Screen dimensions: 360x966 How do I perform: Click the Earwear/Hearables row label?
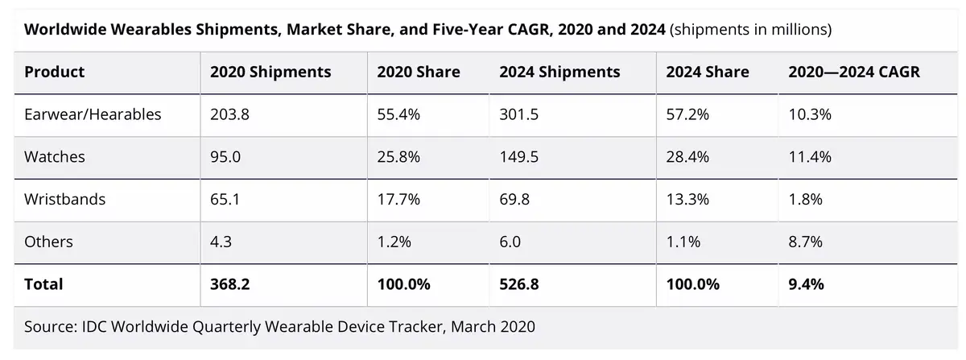click(x=93, y=114)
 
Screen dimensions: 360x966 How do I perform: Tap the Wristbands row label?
click(x=64, y=199)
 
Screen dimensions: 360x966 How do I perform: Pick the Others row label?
click(x=48, y=242)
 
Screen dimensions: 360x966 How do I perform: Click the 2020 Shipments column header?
click(x=270, y=72)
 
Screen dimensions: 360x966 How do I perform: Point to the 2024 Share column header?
click(x=707, y=72)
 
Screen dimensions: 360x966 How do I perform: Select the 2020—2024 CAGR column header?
click(x=853, y=72)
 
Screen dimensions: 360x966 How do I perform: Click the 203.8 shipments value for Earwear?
click(x=230, y=114)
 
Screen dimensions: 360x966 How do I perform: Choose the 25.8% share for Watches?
click(x=398, y=157)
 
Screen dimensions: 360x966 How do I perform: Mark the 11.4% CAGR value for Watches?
click(x=809, y=157)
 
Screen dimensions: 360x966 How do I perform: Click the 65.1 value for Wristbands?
click(x=225, y=199)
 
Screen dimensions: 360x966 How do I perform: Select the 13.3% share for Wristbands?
click(x=687, y=199)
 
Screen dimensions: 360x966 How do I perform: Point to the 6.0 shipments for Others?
click(x=510, y=242)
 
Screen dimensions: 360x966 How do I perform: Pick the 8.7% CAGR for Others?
click(x=805, y=242)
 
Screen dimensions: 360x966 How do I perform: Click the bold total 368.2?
click(x=230, y=284)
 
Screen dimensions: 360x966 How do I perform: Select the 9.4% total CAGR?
click(x=805, y=284)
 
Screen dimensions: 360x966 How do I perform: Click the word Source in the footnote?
click(x=50, y=327)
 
